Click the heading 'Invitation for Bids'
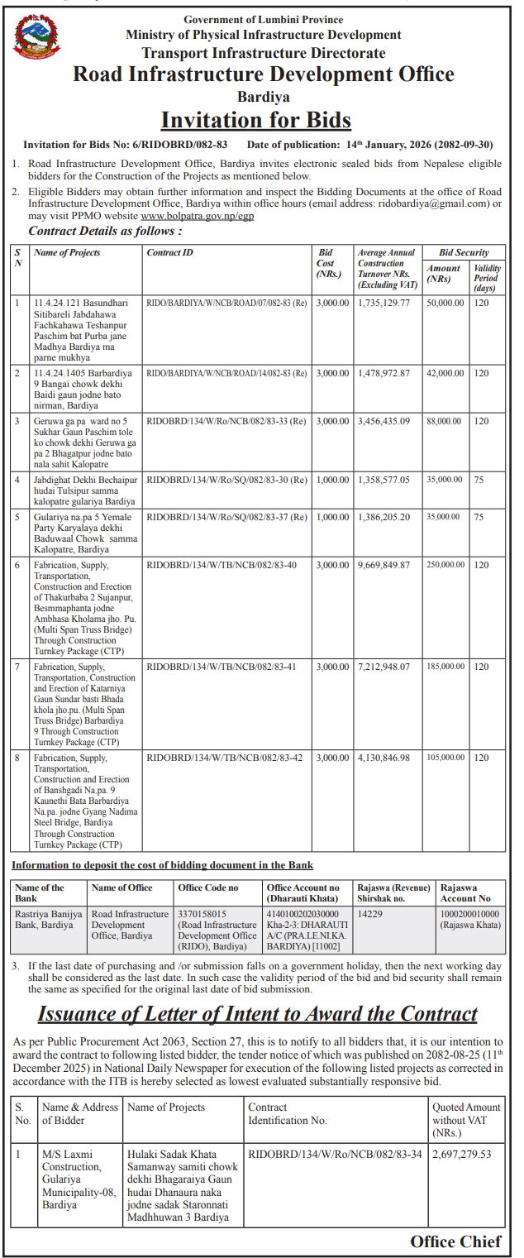(x=255, y=120)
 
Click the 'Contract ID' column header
(x=169, y=252)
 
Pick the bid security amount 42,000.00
(x=445, y=373)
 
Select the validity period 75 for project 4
(x=480, y=479)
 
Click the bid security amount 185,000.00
(x=445, y=666)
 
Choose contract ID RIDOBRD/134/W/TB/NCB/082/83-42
(x=224, y=757)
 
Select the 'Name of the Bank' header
(x=40, y=892)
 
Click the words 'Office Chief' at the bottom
(x=455, y=1241)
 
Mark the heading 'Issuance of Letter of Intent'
(x=257, y=1014)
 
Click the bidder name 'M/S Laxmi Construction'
(x=72, y=1160)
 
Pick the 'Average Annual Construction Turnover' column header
(x=387, y=268)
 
